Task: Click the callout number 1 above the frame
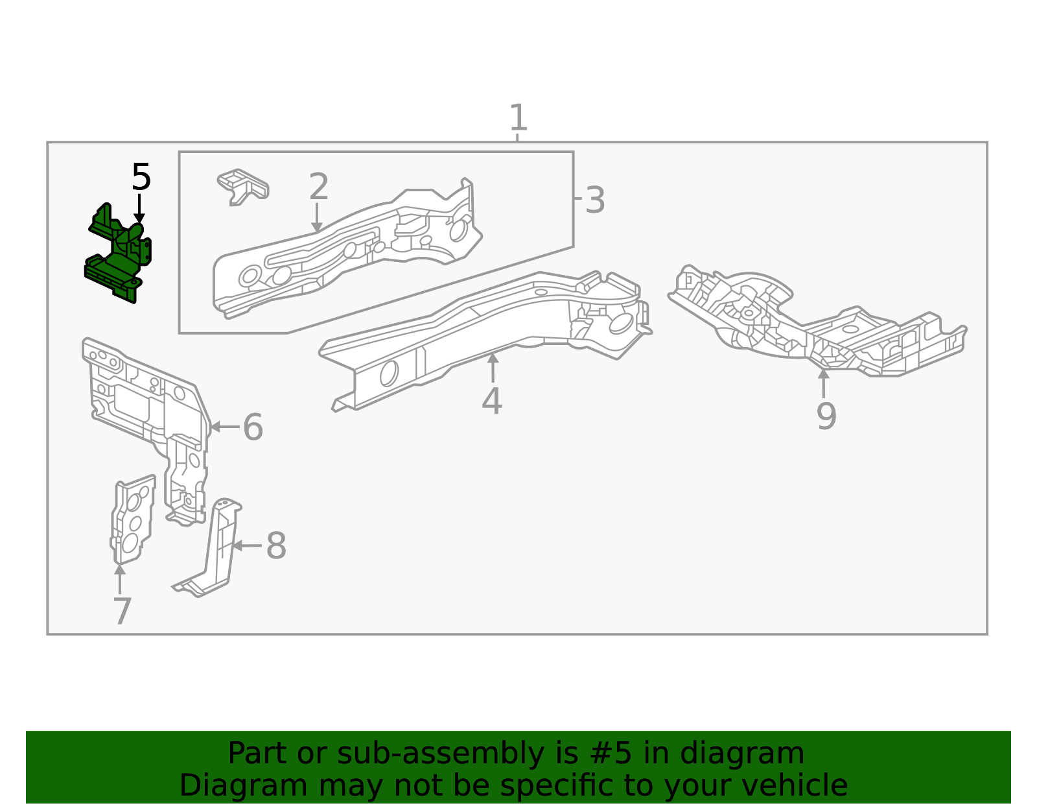click(518, 118)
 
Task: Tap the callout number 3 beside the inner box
click(594, 200)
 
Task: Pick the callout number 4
click(492, 401)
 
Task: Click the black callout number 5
click(141, 177)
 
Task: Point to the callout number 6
click(253, 427)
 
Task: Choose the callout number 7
click(122, 611)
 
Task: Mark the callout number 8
click(276, 546)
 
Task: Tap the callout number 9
click(826, 416)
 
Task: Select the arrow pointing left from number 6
click(224, 427)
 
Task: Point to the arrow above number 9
click(823, 383)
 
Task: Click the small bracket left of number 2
click(242, 185)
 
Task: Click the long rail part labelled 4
click(480, 331)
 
